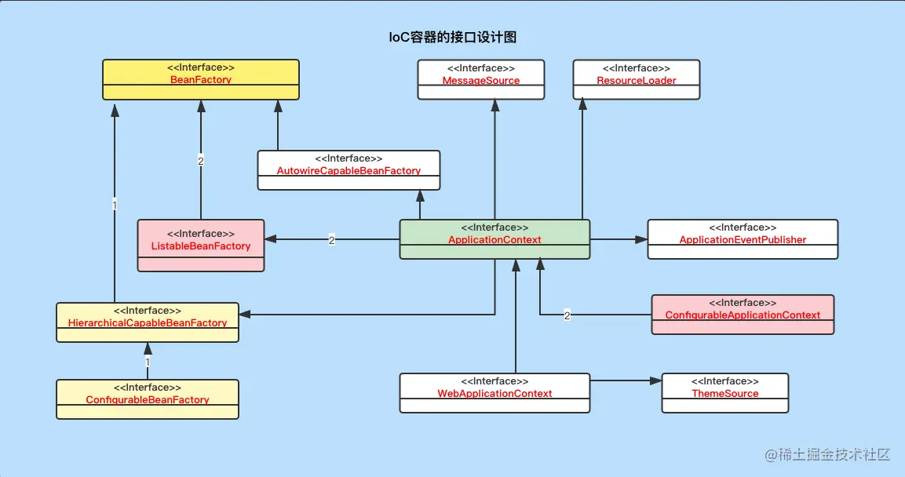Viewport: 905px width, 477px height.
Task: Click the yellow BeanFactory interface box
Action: [201, 79]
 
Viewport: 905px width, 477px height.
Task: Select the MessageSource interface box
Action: [480, 79]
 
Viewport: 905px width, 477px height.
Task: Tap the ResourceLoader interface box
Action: [636, 79]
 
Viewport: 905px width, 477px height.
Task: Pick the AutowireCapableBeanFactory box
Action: [348, 170]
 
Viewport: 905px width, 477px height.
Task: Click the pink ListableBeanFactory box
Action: [201, 246]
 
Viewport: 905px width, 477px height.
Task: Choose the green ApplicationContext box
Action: [494, 239]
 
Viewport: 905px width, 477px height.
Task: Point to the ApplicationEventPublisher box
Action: [743, 239]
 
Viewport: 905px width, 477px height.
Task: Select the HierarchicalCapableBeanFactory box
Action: [148, 322]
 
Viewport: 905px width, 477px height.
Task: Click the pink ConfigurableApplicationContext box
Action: [743, 315]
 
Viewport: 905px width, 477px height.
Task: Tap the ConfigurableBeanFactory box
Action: [148, 399]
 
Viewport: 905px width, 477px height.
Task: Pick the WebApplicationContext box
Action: [494, 393]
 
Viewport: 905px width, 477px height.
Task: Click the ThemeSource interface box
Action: [724, 393]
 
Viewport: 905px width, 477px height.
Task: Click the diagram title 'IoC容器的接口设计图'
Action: [453, 37]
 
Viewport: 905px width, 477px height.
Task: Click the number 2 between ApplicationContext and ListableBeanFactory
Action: [332, 240]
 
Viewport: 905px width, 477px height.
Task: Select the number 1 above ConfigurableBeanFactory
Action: [148, 363]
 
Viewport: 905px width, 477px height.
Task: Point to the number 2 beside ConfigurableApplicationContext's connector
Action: [567, 315]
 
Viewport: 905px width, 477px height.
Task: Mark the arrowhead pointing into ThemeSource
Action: [656, 381]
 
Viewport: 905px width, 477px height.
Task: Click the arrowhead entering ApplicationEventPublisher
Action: [641, 239]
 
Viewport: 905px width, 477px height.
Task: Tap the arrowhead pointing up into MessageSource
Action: [494, 106]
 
